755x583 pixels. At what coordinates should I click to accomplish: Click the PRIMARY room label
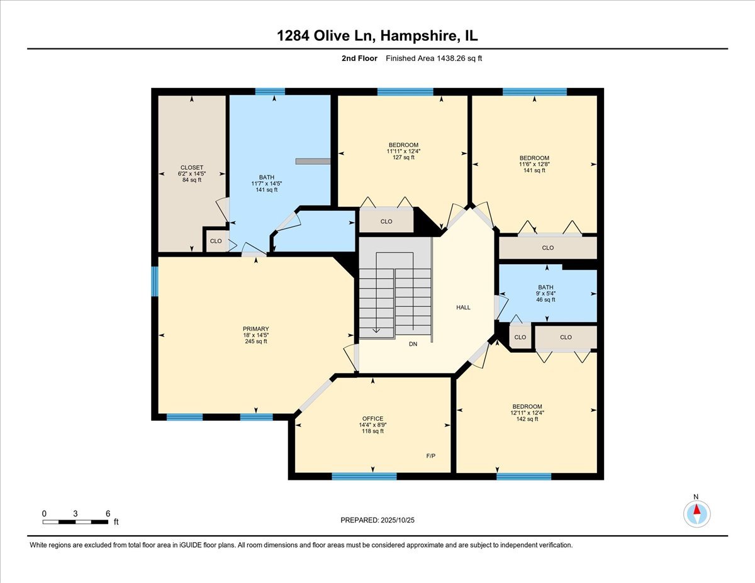point(256,329)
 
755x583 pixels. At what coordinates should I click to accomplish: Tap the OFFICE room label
point(372,418)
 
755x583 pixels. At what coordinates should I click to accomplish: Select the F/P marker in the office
point(431,455)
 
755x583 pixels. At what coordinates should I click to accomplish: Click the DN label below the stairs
point(413,344)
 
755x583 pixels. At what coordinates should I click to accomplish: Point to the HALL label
point(463,308)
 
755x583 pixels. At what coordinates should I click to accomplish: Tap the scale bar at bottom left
point(75,521)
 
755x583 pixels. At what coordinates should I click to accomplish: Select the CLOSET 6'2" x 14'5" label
point(191,174)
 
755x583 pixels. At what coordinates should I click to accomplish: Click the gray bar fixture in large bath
point(313,161)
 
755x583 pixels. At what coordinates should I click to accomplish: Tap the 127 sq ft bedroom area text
point(404,157)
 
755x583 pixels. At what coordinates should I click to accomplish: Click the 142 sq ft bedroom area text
point(527,419)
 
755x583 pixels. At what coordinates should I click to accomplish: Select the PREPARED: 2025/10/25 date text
point(377,520)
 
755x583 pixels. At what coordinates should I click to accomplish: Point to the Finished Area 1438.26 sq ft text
point(434,58)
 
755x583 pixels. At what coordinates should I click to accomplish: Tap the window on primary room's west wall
point(155,281)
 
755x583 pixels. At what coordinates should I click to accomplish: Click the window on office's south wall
point(364,476)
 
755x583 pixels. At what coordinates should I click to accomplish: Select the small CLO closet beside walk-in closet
point(216,241)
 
